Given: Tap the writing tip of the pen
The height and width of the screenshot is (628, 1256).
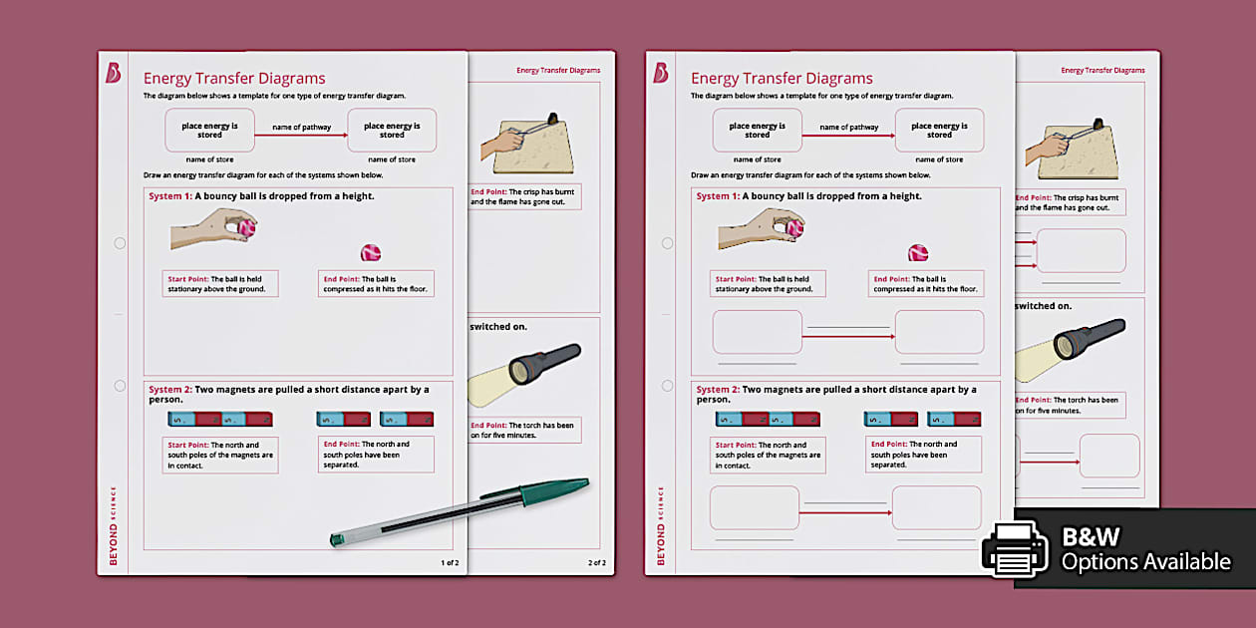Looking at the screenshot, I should pos(336,540).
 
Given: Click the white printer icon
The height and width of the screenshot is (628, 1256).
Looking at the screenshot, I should pos(1014,548).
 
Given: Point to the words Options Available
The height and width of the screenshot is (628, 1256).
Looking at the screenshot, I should pos(1145,562).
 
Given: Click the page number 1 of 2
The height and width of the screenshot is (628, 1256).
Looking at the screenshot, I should pos(450,563).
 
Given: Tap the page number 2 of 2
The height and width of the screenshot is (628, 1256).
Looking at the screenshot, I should pos(596,563).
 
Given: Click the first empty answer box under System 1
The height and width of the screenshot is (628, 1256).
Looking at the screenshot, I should pos(757,332).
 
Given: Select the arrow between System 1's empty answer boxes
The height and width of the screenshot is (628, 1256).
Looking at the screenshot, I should pos(847,337).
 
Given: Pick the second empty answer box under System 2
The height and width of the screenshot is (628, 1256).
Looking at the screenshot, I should pos(936,507).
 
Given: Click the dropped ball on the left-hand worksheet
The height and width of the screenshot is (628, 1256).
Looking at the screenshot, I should pos(371,253).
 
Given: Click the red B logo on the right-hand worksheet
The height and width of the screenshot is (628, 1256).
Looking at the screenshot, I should pos(660,73).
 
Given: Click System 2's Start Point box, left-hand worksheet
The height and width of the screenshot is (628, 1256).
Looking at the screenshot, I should pos(220,455).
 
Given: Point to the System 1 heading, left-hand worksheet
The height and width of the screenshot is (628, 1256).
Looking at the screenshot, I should pos(261,196).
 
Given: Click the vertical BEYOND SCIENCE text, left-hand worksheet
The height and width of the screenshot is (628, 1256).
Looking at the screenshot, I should pos(113,525).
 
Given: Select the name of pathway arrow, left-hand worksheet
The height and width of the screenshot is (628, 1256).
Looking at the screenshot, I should pos(301,132).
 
